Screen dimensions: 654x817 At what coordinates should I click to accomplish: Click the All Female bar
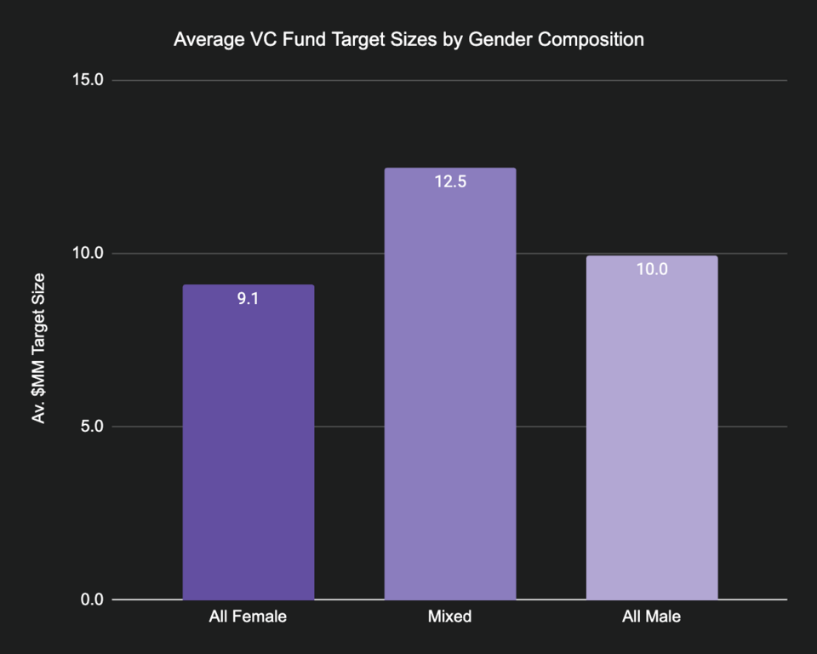(248, 443)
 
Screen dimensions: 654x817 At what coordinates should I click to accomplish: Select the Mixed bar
(449, 383)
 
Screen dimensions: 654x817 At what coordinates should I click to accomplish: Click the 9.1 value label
(248, 299)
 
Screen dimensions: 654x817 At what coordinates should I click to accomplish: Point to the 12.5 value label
(449, 181)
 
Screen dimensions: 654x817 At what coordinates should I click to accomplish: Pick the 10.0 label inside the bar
(651, 270)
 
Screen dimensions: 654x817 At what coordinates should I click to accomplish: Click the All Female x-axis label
(248, 617)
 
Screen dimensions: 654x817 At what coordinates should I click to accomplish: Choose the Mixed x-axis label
(449, 617)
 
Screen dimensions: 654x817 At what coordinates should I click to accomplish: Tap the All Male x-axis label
(651, 617)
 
